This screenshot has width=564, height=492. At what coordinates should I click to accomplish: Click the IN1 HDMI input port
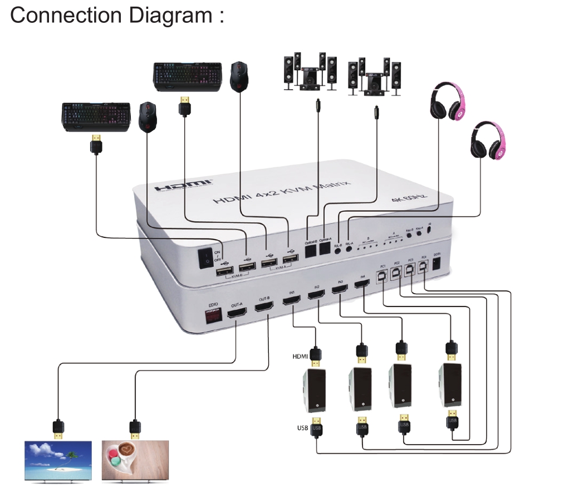[x=292, y=301]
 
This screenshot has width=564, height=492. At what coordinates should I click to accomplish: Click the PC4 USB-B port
[x=423, y=266]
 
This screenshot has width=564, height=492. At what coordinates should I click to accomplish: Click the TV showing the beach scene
[x=58, y=460]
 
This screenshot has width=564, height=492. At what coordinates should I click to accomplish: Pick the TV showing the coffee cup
[x=135, y=460]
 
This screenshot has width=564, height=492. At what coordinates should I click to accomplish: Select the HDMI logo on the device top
[x=183, y=185]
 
